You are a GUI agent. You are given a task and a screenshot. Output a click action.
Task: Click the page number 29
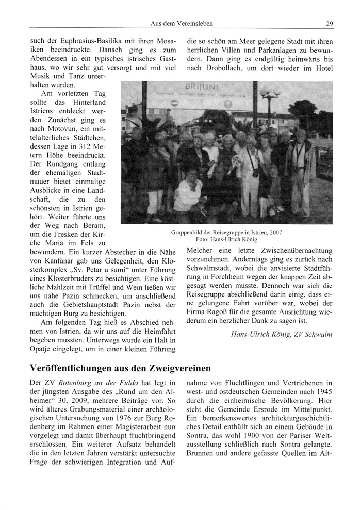[x=329, y=23]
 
